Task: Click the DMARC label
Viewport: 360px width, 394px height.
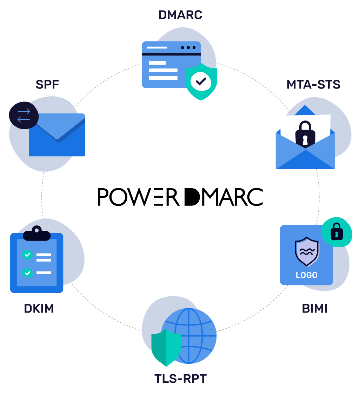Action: [180, 15]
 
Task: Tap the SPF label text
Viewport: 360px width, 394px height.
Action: [47, 85]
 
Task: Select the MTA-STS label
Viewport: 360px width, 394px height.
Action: [313, 85]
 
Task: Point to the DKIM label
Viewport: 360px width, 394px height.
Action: [39, 309]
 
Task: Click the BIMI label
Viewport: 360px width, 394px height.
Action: [314, 309]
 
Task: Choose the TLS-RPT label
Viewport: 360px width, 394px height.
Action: [180, 379]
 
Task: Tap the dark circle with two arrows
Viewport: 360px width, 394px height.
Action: [24, 115]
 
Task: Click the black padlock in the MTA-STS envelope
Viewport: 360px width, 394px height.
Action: [305, 133]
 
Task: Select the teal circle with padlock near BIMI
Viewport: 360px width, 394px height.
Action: [336, 232]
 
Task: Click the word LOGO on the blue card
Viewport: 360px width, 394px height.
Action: [306, 275]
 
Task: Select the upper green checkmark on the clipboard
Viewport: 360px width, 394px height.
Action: [27, 255]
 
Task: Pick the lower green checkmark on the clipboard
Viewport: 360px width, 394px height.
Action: [27, 272]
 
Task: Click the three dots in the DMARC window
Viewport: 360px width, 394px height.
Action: [188, 47]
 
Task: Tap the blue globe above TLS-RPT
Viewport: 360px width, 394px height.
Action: [195, 334]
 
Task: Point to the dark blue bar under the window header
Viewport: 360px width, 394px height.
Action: [171, 54]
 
